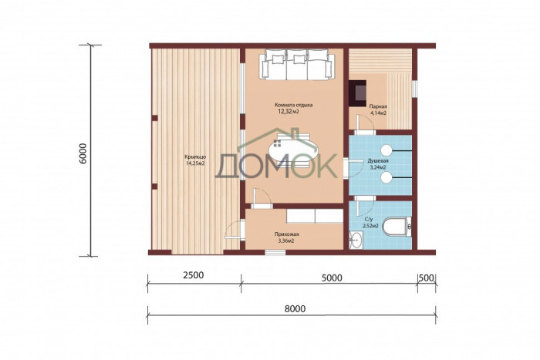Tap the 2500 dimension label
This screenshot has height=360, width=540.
click(194, 275)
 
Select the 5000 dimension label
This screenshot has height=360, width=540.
click(332, 278)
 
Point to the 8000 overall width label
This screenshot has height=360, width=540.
click(295, 308)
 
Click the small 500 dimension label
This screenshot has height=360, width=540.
click(427, 278)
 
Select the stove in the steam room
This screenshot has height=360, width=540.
click(358, 93)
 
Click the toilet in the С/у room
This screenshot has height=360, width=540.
click(398, 227)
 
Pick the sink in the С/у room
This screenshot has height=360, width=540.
click(356, 240)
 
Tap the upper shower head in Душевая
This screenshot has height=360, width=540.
click(386, 150)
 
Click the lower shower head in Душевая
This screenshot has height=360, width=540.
click(386, 177)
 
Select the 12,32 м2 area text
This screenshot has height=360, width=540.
click(288, 112)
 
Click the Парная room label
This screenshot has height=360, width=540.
click(376, 106)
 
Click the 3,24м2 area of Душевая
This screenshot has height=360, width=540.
click(378, 167)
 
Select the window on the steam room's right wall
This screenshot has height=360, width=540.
click(414, 87)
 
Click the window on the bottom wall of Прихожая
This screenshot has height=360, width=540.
click(275, 252)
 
